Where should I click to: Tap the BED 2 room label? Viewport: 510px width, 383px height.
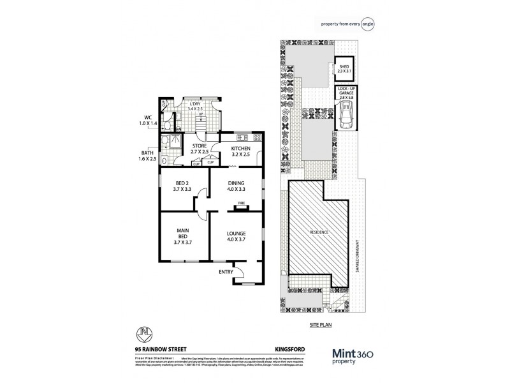click(183, 186)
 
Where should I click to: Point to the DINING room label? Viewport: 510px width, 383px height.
click(237, 186)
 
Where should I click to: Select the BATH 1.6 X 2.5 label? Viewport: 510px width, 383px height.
click(147, 156)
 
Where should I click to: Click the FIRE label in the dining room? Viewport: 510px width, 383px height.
click(242, 203)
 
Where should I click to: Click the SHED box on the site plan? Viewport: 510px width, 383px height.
click(344, 68)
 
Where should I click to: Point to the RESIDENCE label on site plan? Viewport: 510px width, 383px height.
click(319, 232)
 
